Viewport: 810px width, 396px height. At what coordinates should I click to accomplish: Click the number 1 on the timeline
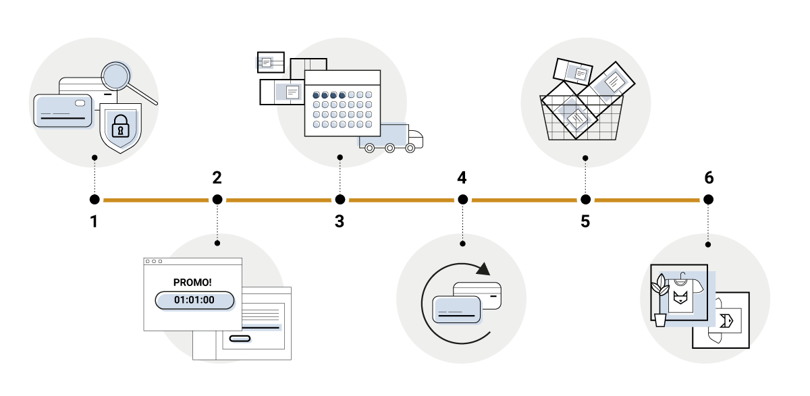[x=94, y=221]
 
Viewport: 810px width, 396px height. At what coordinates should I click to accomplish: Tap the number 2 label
[x=217, y=177]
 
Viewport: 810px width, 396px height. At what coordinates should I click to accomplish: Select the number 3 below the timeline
[x=340, y=221]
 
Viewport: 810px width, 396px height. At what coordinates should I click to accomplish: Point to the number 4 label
[x=462, y=177]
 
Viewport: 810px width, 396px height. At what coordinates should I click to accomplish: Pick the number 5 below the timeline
[x=585, y=221]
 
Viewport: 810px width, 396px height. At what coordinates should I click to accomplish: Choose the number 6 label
[x=708, y=177]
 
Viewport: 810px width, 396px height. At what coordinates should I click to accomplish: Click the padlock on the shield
[x=120, y=126]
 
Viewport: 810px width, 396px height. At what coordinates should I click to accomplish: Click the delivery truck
[x=391, y=138]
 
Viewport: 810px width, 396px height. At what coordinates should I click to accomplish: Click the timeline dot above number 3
[x=340, y=200]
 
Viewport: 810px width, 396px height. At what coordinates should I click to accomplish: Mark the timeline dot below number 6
[x=708, y=200]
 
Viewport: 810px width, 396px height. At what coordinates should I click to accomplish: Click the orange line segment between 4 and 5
[x=524, y=200]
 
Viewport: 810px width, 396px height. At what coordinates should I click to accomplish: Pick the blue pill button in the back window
[x=240, y=339]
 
